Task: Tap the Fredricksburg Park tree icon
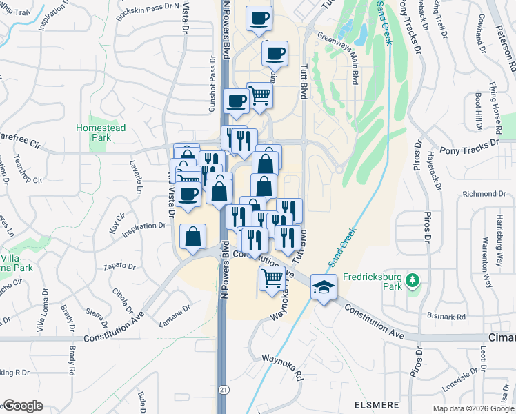pos(412,280)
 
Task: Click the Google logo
pos(23,405)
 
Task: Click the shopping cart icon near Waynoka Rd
pos(272,278)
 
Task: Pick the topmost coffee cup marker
pos(259,19)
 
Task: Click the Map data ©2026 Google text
pos(473,408)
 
